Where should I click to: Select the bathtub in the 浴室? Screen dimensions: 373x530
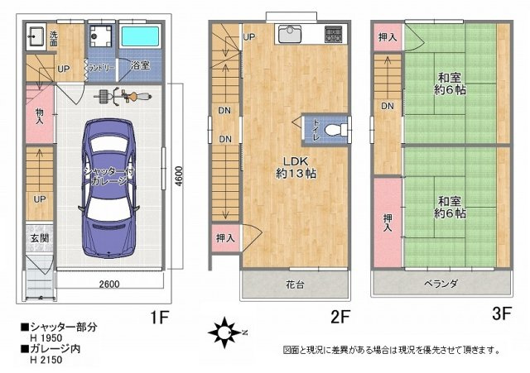coord(143,37)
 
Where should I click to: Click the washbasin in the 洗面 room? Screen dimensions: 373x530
coord(37,37)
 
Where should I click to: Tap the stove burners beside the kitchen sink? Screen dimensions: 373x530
coord(333,35)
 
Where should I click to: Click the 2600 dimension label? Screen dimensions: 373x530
coord(108,285)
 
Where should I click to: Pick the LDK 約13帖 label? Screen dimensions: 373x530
coord(296,166)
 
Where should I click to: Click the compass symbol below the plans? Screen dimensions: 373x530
coord(224,334)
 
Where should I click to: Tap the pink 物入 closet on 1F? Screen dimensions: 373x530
coord(38,114)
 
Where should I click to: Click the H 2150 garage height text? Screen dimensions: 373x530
coord(45,360)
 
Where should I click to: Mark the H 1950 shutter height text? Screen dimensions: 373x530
coord(45,337)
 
